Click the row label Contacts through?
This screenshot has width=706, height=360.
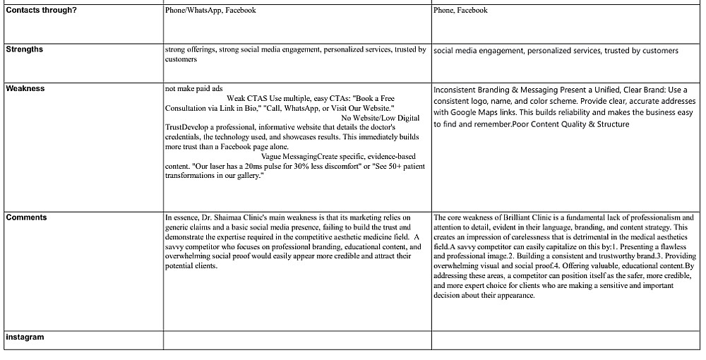[x=40, y=11]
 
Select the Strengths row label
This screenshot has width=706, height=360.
[x=24, y=49]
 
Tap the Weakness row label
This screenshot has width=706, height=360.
[x=25, y=89]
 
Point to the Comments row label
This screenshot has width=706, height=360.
[x=26, y=217]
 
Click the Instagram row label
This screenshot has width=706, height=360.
[x=25, y=337]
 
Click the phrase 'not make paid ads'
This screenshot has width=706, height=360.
[x=193, y=89]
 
